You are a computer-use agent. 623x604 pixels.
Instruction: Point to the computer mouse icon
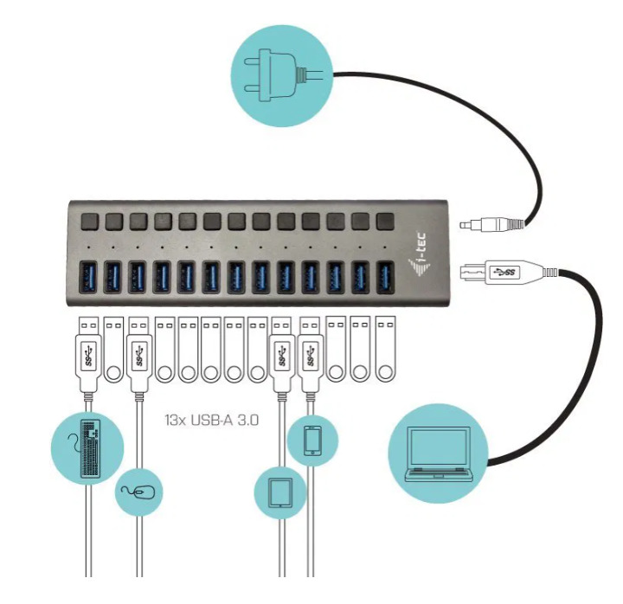tap(140, 492)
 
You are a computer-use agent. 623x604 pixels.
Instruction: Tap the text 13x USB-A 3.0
tap(212, 421)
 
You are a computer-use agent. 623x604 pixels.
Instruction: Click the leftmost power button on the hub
tap(88, 221)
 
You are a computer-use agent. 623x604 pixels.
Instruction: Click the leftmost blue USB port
tap(88, 277)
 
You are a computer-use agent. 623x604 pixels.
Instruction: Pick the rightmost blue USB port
tap(384, 277)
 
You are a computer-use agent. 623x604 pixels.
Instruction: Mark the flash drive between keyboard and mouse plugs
tap(113, 350)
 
